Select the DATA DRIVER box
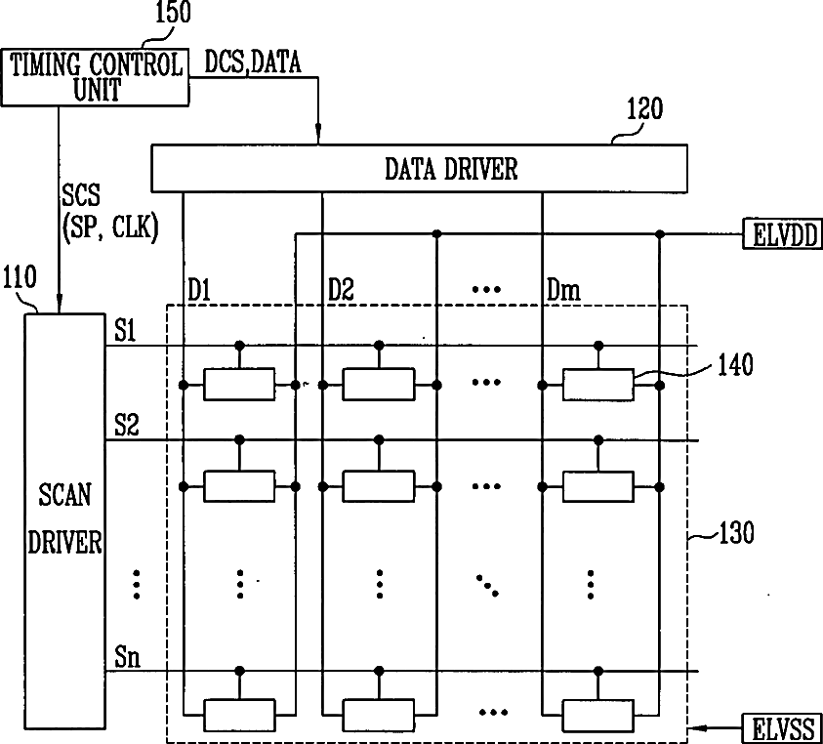click(420, 168)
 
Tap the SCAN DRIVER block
click(64, 517)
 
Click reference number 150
click(173, 14)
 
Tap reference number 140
click(734, 366)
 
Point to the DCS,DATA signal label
click(253, 63)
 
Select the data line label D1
click(199, 290)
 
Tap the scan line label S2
click(127, 426)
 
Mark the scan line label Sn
click(127, 656)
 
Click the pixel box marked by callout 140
click(597, 385)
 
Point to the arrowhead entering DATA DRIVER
click(320, 138)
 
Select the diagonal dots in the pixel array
click(487, 585)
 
